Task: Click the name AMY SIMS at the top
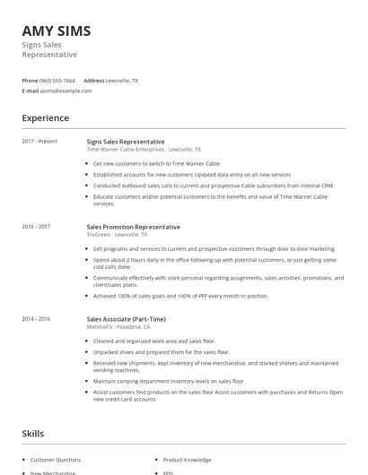point(57,31)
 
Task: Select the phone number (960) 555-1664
point(57,81)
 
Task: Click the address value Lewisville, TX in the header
point(122,81)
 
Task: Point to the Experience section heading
point(46,118)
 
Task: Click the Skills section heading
point(32,434)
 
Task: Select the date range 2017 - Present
point(39,142)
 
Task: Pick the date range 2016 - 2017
point(36,228)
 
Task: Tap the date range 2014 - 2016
point(36,319)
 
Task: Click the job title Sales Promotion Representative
point(133,228)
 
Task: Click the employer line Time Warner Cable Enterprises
point(144,150)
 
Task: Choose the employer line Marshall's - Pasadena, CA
point(127,327)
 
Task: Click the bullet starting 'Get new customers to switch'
point(157,164)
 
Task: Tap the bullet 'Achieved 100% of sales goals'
point(180,296)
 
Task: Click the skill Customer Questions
point(56,460)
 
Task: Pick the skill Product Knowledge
point(187,460)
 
